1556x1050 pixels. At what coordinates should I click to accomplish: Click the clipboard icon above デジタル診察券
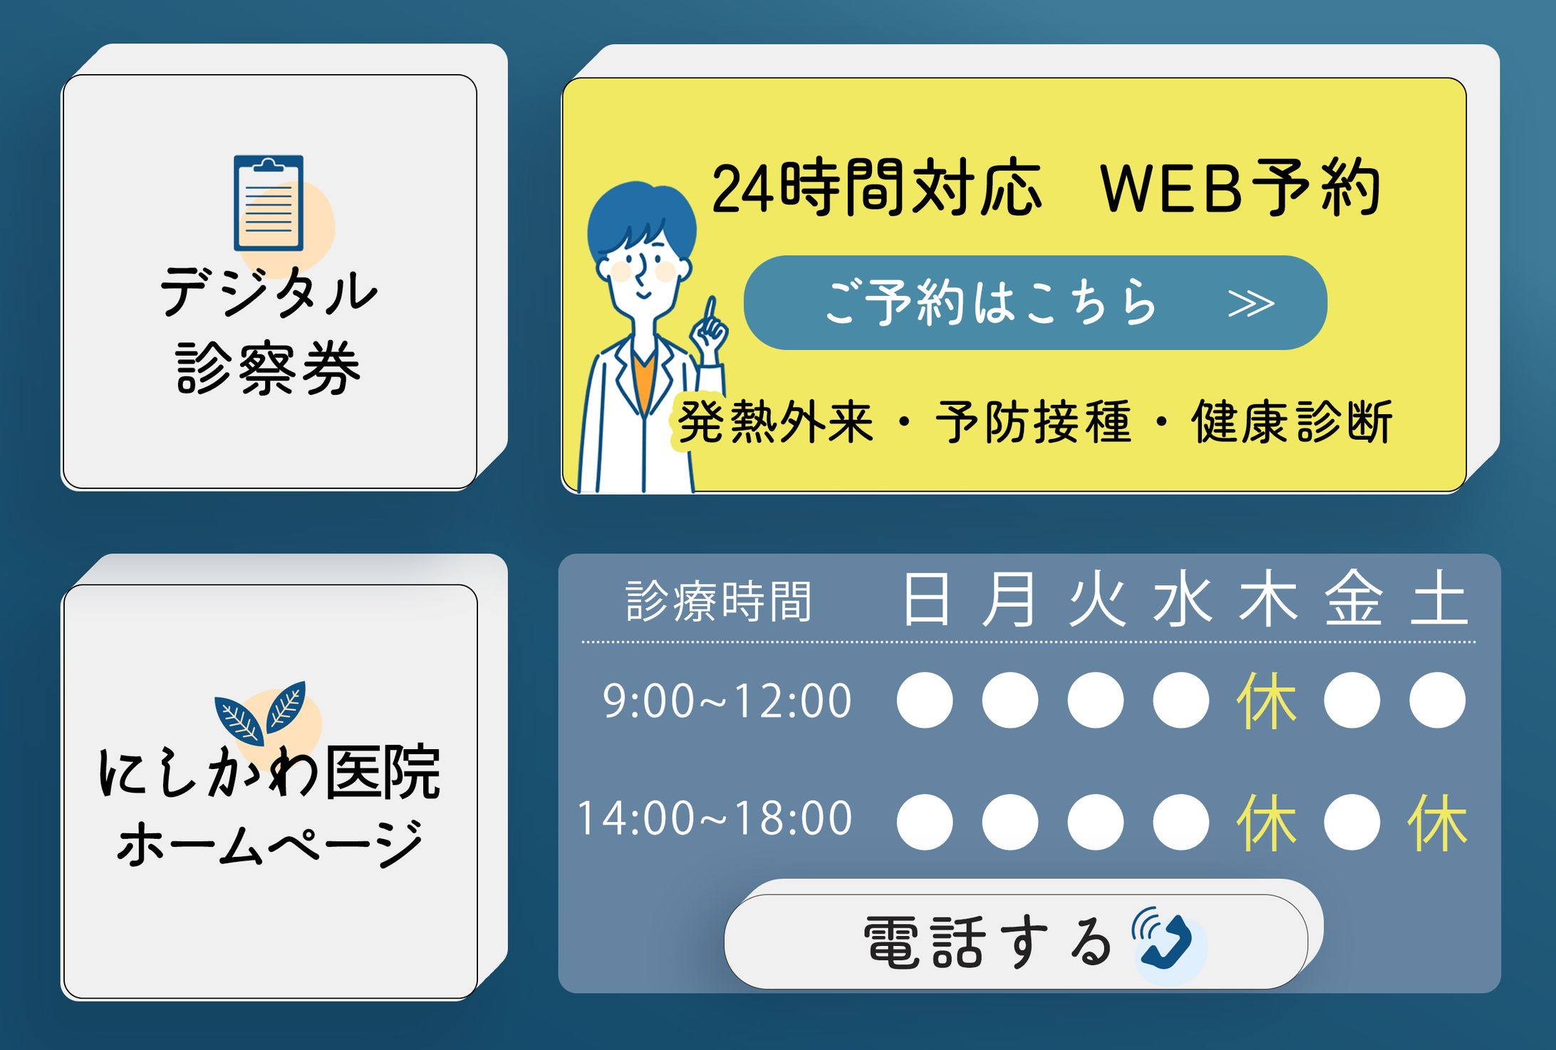click(x=269, y=203)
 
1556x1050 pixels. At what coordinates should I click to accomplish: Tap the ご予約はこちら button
click(x=1035, y=302)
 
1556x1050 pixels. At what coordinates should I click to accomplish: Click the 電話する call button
click(x=1016, y=941)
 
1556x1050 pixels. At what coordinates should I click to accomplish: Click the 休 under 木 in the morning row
click(x=1266, y=701)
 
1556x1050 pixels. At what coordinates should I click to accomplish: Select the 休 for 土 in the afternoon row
click(x=1437, y=823)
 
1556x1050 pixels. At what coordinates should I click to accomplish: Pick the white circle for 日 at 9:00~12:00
click(x=925, y=700)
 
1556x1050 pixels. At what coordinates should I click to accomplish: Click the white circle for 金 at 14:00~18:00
click(x=1352, y=822)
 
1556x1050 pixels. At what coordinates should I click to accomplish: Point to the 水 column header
click(x=1182, y=599)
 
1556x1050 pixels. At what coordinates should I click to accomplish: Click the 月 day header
click(x=1009, y=599)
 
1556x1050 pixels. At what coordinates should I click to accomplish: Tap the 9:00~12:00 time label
click(x=727, y=701)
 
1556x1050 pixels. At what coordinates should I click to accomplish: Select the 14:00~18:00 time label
click(x=714, y=818)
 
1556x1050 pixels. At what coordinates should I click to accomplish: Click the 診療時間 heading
click(x=719, y=602)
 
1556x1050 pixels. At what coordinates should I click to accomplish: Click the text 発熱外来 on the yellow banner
click(x=775, y=422)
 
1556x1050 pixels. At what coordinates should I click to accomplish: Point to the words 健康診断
click(x=1292, y=422)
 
